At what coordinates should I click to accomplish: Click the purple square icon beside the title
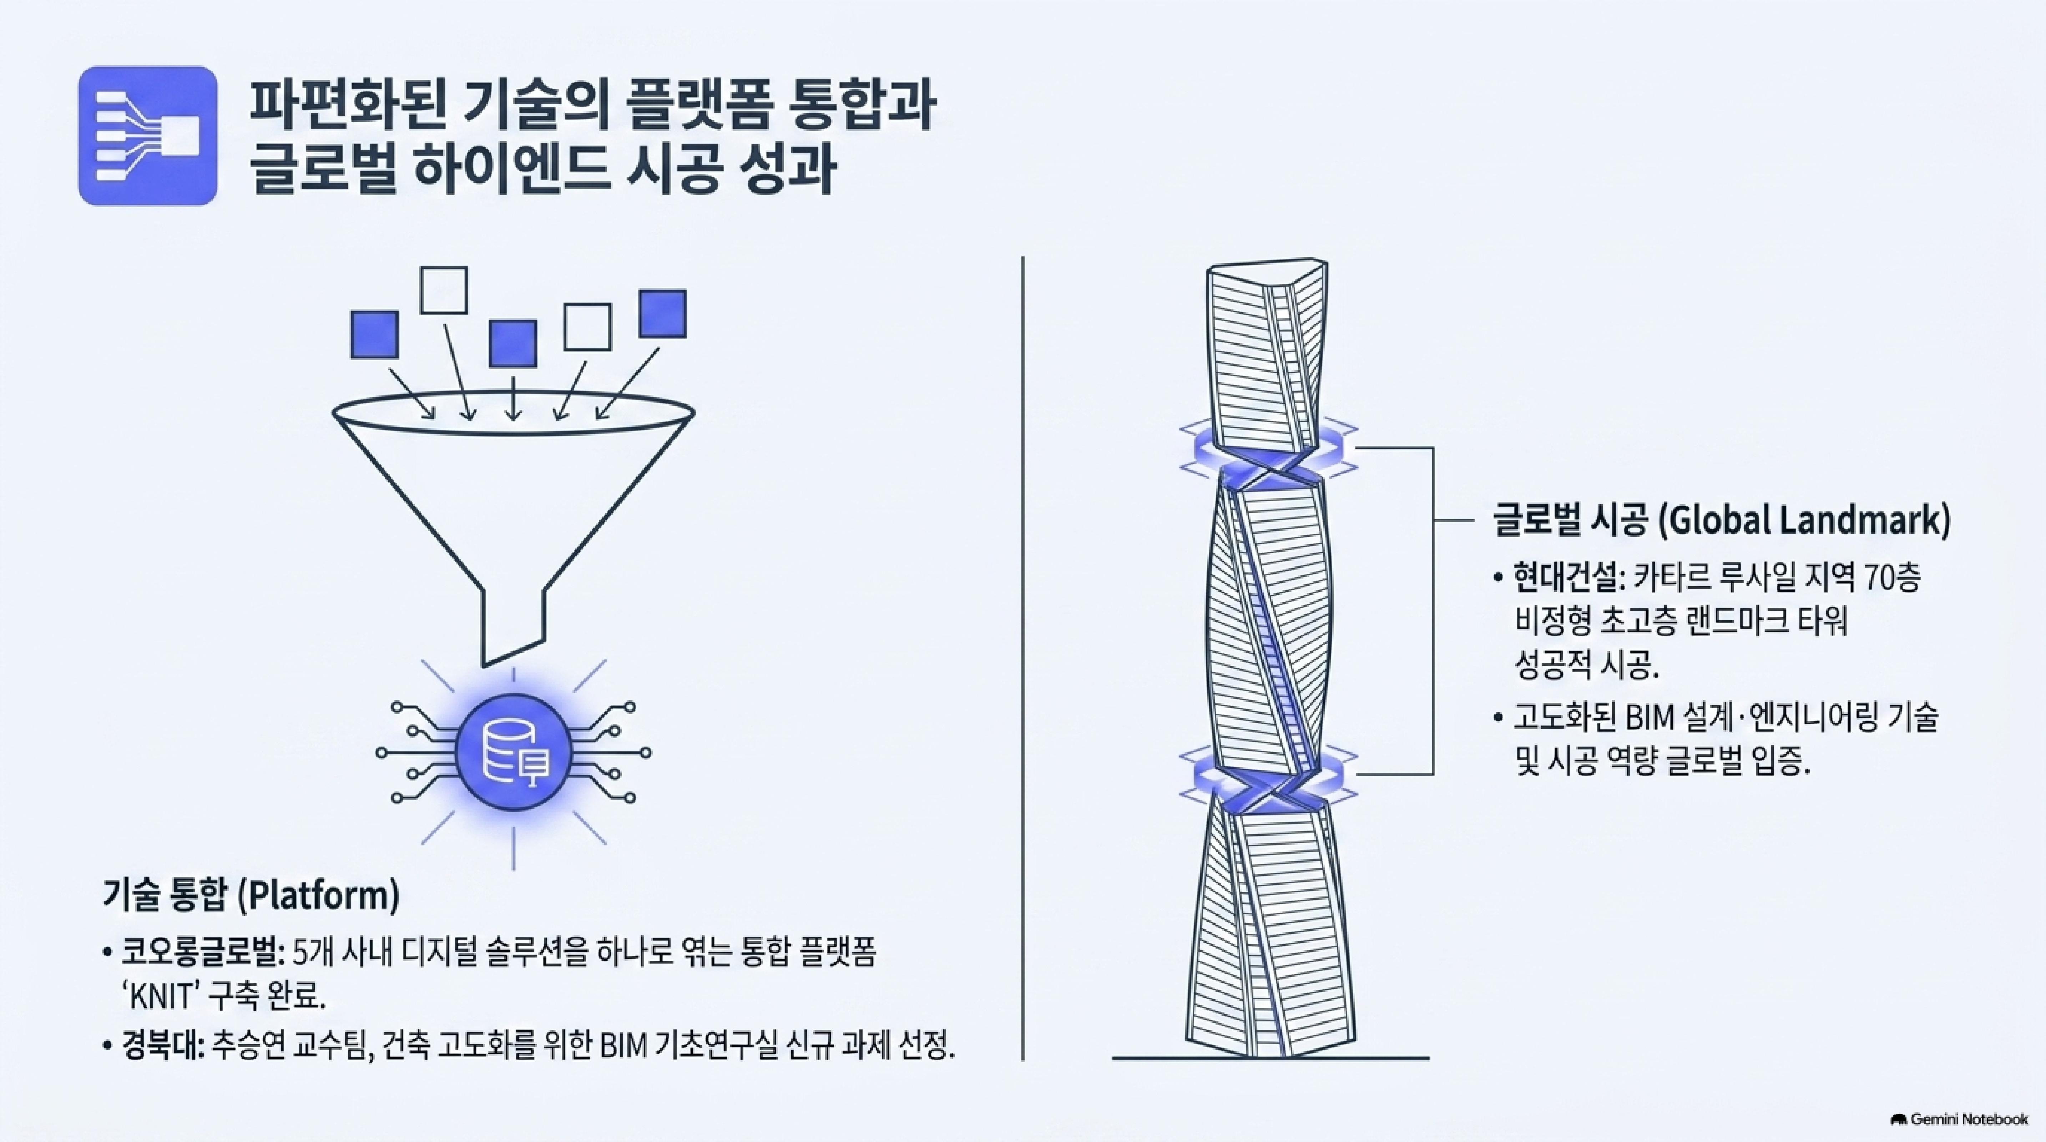148,136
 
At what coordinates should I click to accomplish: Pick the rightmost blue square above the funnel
662,314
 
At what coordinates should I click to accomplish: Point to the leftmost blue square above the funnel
374,334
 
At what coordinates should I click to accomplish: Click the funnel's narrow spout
513,627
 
